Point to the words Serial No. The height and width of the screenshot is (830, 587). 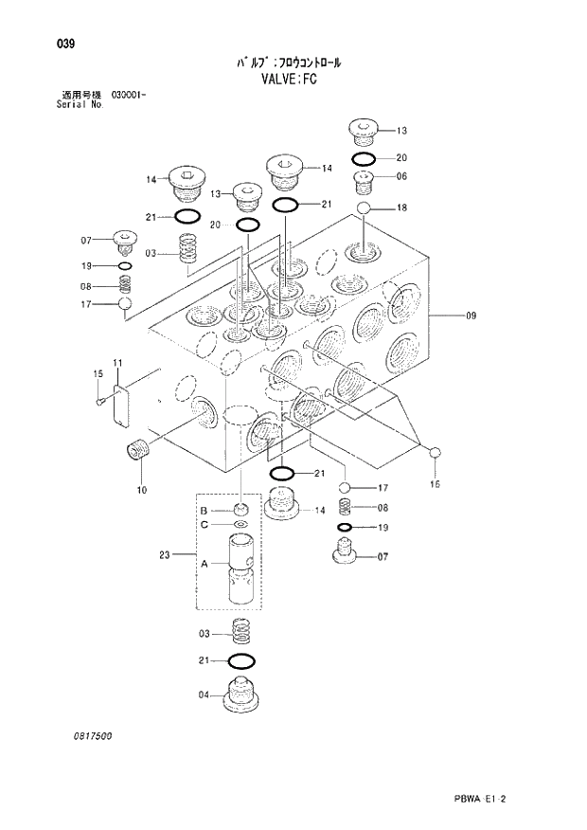tap(81, 104)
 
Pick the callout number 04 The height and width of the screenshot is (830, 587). tap(203, 695)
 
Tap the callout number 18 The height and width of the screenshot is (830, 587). tap(401, 207)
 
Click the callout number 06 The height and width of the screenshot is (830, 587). tap(401, 176)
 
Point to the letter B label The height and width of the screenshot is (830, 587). tap(204, 512)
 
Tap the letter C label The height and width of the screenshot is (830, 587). tap(204, 524)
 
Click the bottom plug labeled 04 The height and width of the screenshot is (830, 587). tap(240, 697)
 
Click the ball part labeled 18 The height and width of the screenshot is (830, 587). tap(365, 207)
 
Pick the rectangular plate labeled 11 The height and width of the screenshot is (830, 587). tap(120, 402)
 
